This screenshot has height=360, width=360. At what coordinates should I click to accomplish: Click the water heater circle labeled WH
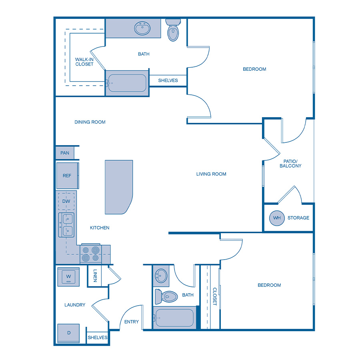276,218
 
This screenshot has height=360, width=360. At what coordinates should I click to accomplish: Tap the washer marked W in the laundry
68,276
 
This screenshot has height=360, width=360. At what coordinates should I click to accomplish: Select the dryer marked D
68,333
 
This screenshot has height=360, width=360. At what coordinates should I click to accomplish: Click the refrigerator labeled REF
67,176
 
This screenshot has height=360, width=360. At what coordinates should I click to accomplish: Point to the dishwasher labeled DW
66,202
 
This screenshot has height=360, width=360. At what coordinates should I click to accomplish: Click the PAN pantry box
65,153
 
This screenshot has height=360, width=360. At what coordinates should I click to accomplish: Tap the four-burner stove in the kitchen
90,254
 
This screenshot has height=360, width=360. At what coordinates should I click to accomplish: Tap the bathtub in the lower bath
174,318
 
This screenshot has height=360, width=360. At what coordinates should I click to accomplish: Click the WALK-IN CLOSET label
84,62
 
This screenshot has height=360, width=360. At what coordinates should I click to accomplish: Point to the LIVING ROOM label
211,174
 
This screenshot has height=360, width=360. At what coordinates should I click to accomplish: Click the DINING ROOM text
90,122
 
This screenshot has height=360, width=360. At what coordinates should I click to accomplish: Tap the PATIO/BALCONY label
290,163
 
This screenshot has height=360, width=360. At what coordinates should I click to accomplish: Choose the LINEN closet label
95,276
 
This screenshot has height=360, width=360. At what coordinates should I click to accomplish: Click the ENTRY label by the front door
132,322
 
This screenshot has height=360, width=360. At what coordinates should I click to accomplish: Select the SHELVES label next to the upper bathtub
168,80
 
